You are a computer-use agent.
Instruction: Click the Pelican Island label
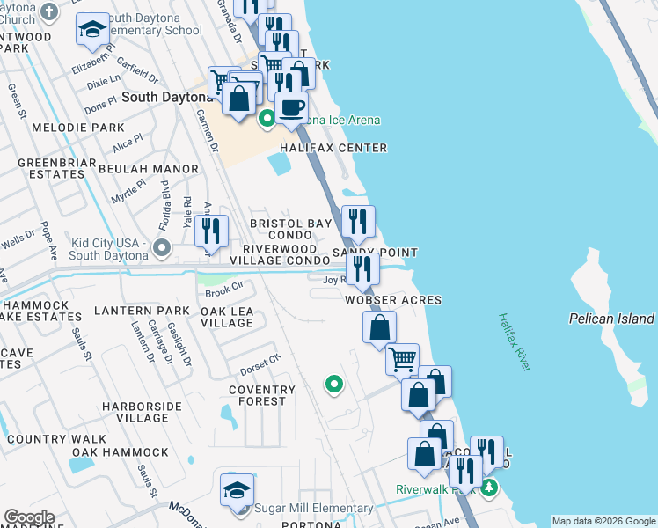tap(611, 319)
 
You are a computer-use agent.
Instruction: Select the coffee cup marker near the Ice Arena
tap(291, 107)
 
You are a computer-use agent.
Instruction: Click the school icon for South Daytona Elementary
tap(91, 30)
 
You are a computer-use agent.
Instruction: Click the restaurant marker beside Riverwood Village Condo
tap(211, 231)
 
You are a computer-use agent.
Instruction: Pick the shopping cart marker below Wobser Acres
tap(402, 358)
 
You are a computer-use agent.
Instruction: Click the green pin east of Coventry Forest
tap(333, 384)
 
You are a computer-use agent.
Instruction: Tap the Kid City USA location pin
tap(161, 247)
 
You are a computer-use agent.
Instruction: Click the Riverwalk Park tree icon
tap(488, 487)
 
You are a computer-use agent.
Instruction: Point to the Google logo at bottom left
tap(28, 517)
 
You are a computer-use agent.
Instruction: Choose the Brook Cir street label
tap(223, 290)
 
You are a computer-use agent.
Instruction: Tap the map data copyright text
tap(603, 521)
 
